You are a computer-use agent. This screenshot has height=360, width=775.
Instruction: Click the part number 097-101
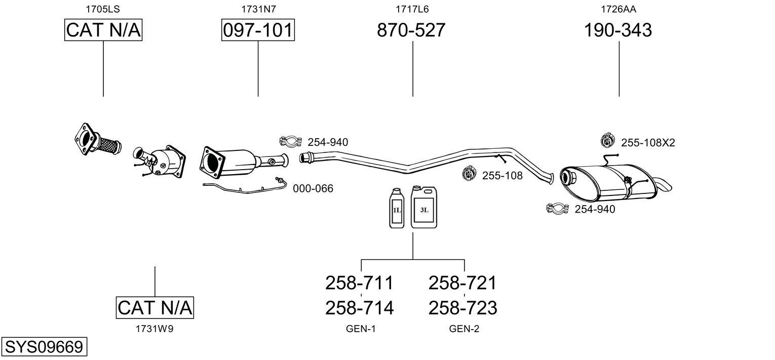pyautogui.click(x=258, y=30)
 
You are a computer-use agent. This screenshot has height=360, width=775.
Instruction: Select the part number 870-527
pyautogui.click(x=411, y=30)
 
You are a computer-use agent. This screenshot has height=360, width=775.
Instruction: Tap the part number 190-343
pyautogui.click(x=618, y=30)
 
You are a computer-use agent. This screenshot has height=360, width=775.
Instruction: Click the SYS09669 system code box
pyautogui.click(x=44, y=347)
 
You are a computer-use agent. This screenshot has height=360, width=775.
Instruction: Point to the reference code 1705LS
pyautogui.click(x=103, y=9)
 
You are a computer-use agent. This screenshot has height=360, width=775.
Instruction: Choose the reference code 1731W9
pyautogui.click(x=154, y=329)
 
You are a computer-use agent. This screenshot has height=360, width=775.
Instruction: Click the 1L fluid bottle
pyautogui.click(x=397, y=208)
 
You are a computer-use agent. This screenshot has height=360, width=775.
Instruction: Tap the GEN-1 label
pyautogui.click(x=361, y=329)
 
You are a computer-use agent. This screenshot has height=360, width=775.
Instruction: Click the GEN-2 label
pyautogui.click(x=464, y=329)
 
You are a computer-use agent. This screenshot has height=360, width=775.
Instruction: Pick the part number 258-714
pyautogui.click(x=359, y=307)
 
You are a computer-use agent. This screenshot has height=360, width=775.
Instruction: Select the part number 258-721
pyautogui.click(x=462, y=283)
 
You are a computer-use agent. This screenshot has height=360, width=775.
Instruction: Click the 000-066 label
pyautogui.click(x=313, y=188)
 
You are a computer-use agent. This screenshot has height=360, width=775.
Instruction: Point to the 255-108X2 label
pyautogui.click(x=648, y=143)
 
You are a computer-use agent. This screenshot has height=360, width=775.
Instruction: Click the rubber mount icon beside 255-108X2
pyautogui.click(x=606, y=140)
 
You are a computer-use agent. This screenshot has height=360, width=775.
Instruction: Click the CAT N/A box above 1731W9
pyautogui.click(x=154, y=307)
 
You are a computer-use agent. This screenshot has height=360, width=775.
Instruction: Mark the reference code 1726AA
pyautogui.click(x=618, y=9)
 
